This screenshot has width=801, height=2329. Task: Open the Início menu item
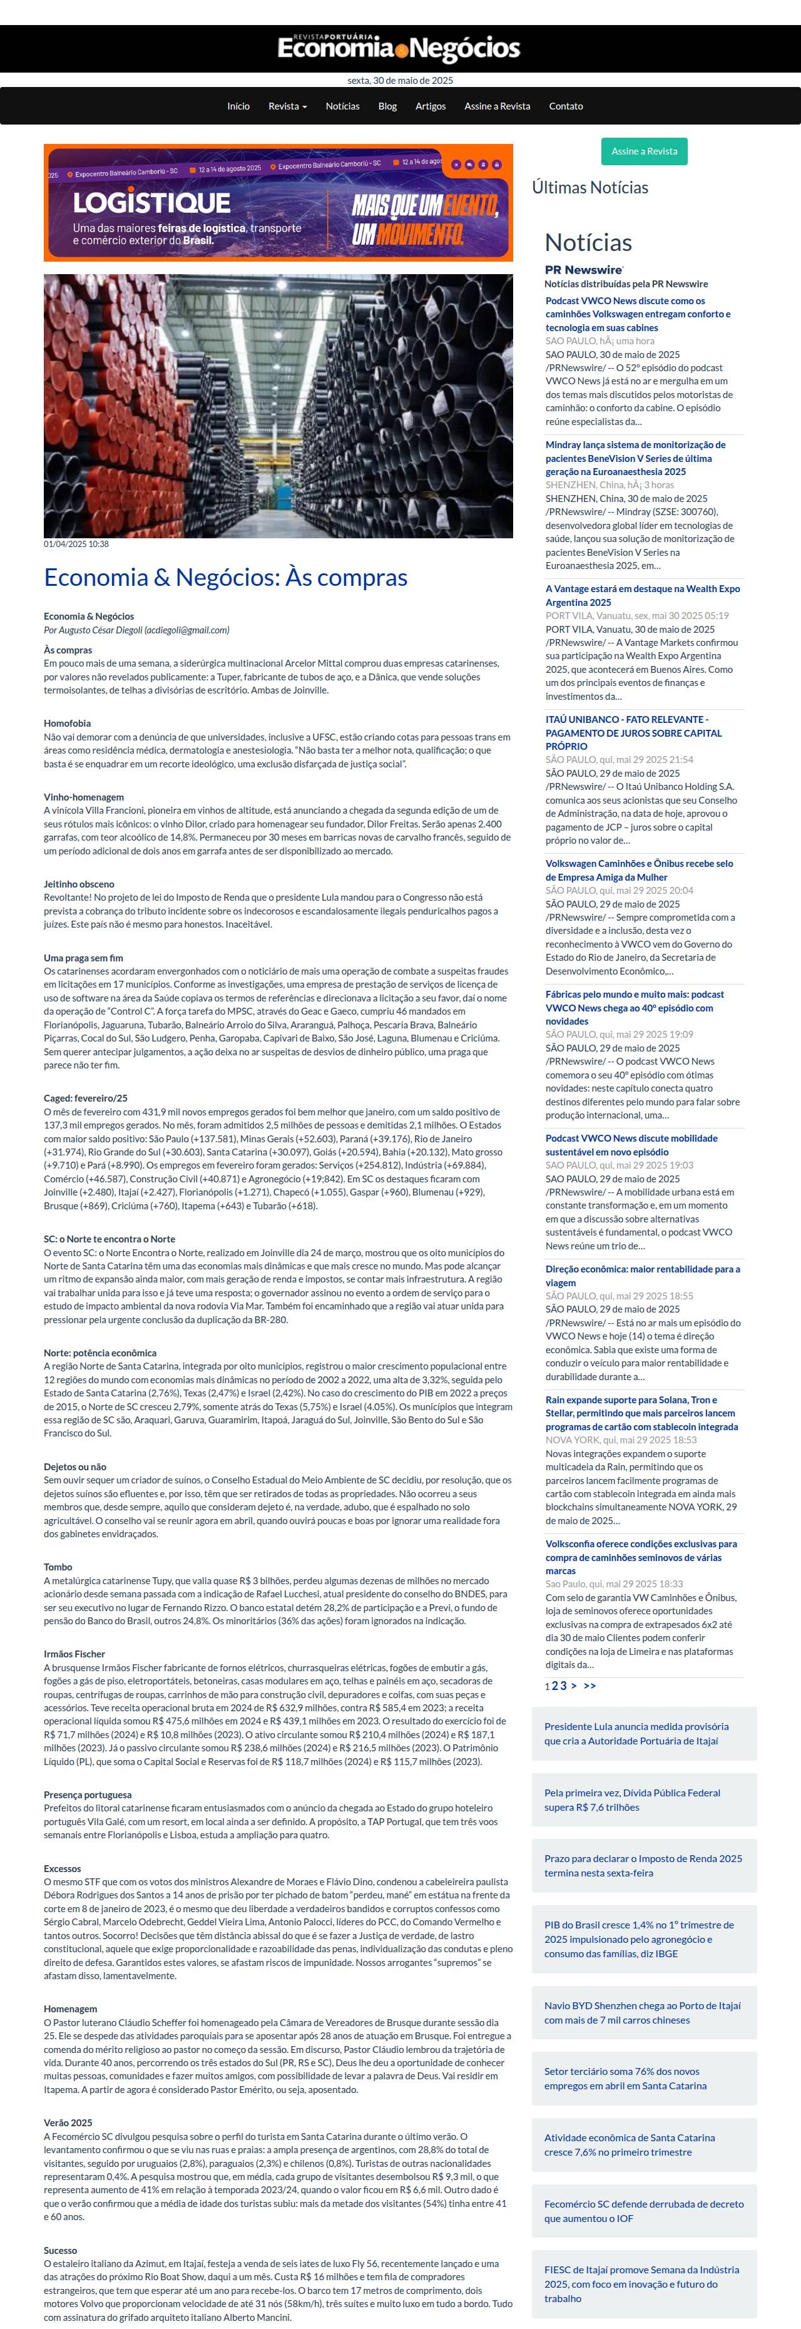pos(238,106)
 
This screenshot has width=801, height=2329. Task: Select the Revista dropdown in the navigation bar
pos(287,106)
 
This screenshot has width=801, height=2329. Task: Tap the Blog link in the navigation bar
pos(387,106)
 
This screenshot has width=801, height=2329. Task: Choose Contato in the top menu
pos(565,106)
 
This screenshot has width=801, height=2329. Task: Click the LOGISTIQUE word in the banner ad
pos(152,203)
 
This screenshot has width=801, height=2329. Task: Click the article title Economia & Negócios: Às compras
pos(225,578)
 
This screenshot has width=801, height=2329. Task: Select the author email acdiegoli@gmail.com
pos(188,630)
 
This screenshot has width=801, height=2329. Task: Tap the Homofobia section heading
pos(67,724)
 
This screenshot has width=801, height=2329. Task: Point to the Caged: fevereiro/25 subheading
pos(86,1098)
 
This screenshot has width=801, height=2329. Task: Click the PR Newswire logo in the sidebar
pos(583,269)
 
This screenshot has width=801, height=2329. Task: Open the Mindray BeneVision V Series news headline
pos(635,458)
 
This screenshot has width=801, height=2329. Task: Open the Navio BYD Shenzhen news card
pos(642,2012)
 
